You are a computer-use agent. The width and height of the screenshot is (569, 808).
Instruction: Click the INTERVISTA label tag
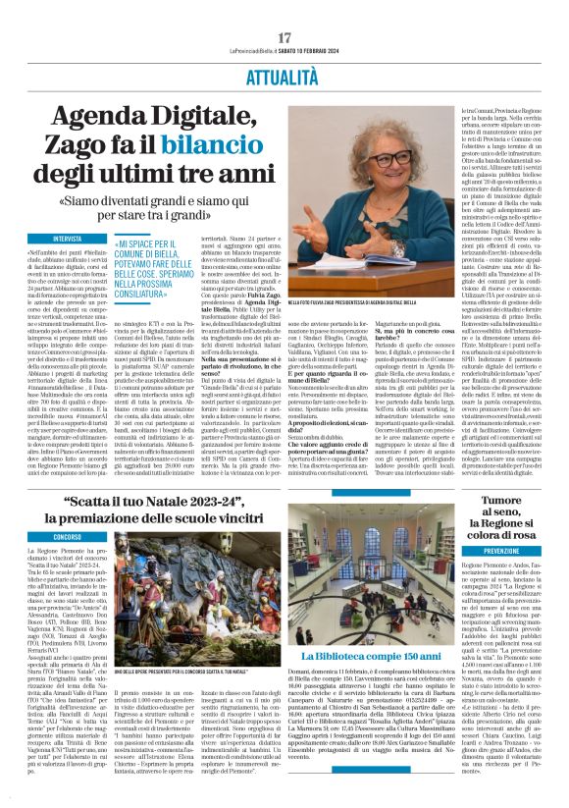69,238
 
